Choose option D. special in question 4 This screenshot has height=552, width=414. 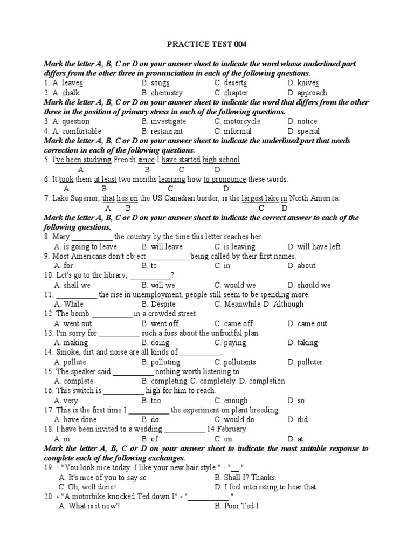coord(303,131)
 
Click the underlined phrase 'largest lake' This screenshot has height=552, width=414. coord(260,198)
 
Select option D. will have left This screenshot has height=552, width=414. coord(314,246)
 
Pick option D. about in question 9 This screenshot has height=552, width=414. coord(302,266)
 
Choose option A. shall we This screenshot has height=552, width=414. coord(73,285)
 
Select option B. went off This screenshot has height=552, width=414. coord(160,323)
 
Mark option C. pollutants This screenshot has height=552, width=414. coord(235,362)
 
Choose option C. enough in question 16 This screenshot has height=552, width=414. coord(231,401)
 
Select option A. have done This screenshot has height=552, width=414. coord(75,419)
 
